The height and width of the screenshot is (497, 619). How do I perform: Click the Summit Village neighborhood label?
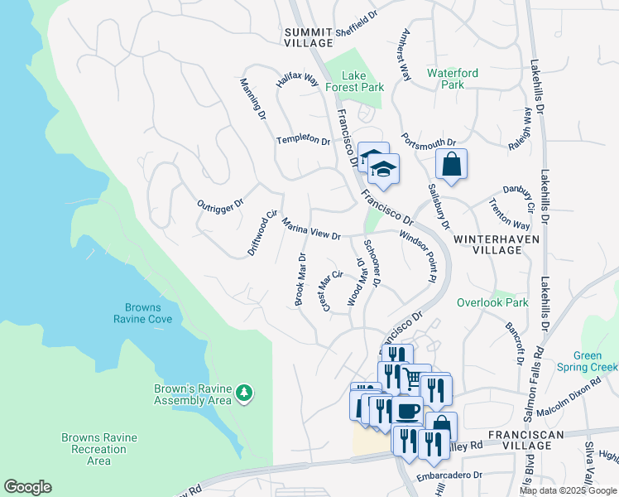click(x=309, y=37)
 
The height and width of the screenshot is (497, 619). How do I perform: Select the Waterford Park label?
click(x=452, y=79)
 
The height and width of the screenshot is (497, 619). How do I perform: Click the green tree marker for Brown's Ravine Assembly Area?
click(x=243, y=393)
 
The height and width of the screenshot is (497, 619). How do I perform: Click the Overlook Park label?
click(x=492, y=302)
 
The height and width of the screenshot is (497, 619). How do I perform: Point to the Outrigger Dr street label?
click(x=220, y=204)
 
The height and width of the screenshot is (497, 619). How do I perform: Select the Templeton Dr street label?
click(x=303, y=140)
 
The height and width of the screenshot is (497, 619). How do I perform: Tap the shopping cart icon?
click(x=415, y=379)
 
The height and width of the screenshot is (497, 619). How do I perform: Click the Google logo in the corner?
click(x=27, y=487)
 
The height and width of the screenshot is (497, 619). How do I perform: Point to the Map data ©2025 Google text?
click(x=567, y=490)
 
